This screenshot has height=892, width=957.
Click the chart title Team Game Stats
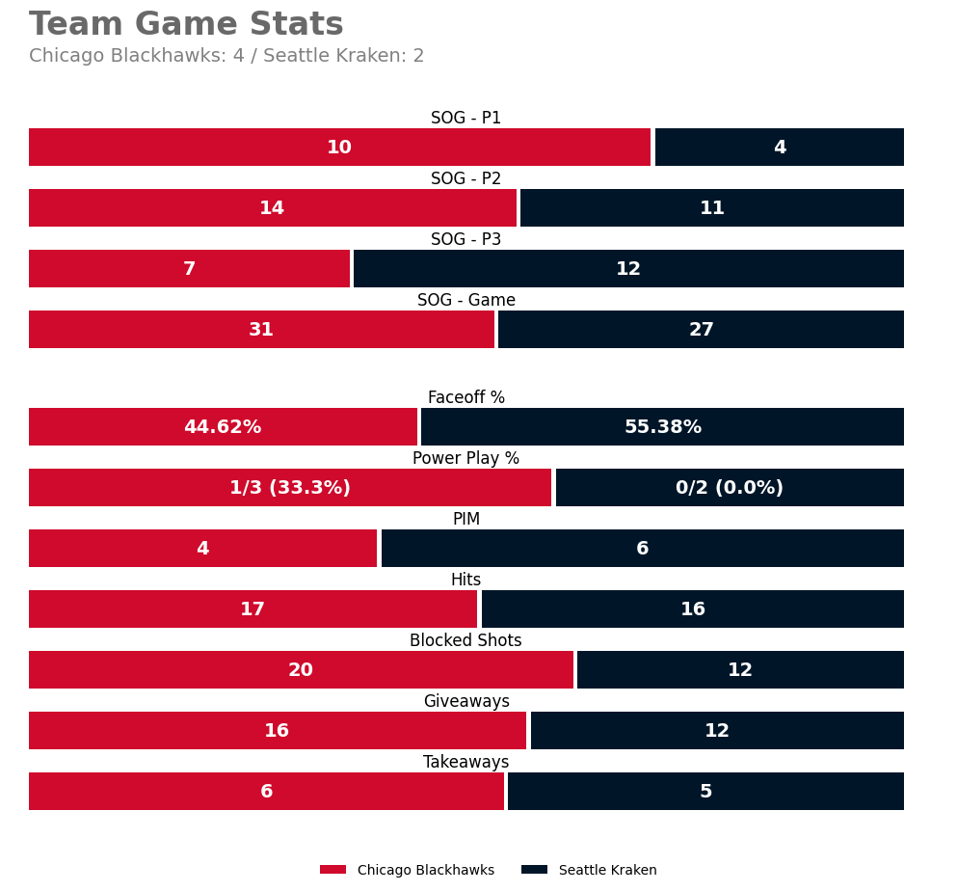coord(186,25)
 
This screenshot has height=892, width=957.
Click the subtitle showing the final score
coord(226,56)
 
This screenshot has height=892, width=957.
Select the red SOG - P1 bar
coord(339,148)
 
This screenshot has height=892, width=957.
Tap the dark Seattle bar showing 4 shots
coord(779,148)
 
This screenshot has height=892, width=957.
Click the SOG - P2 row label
coord(465,178)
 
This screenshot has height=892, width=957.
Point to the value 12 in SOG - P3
coord(628,269)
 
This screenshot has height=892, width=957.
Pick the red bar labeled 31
coord(261,330)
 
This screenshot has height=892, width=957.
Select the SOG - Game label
coord(465,300)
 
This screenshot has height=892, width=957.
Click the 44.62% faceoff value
coord(223,427)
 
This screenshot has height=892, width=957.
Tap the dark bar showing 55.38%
coord(662,427)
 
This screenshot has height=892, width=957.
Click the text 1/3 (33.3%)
coord(290,488)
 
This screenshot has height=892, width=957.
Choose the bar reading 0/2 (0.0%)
coord(730,488)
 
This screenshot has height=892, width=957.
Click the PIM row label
coord(465,519)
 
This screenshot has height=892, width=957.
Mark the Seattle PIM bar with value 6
coord(642,549)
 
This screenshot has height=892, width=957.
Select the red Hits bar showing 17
coord(253,609)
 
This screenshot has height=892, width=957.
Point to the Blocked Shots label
coord(465,640)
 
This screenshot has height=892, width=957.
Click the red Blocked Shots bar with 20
coord(301,670)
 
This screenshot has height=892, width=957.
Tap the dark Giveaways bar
coord(717,731)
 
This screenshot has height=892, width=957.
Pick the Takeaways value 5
coord(705,792)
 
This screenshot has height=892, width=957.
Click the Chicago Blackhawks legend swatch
coord(332,870)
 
